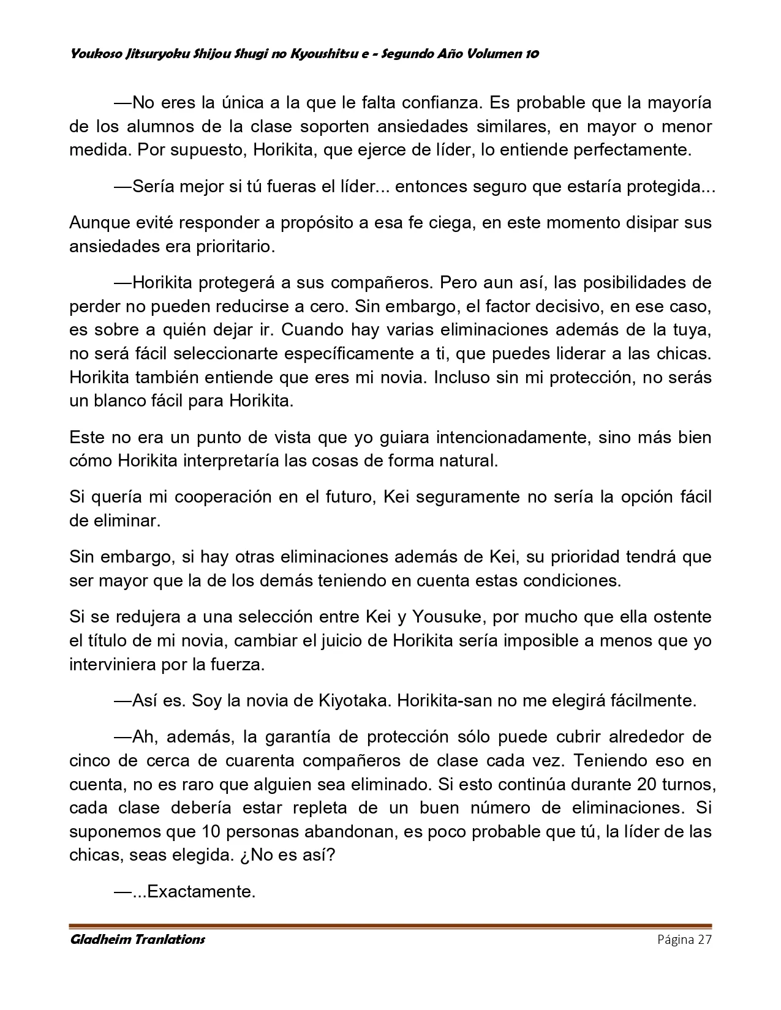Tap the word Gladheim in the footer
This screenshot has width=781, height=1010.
coord(98,939)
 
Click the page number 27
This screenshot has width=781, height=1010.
coord(704,940)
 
